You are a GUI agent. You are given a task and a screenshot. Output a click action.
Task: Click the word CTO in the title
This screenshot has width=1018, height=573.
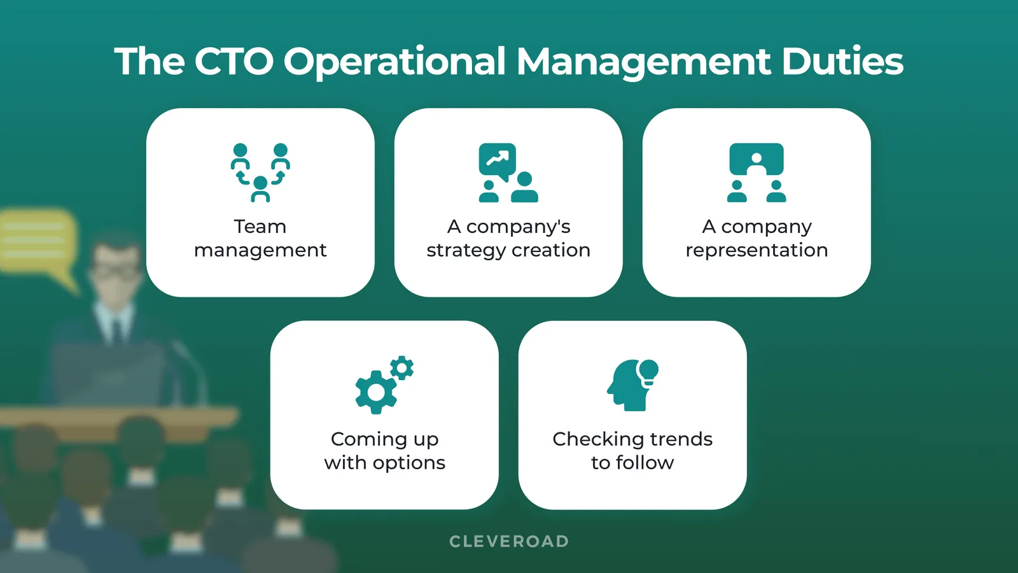tap(234, 62)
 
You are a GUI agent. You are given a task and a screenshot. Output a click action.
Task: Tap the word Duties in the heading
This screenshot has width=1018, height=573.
tap(842, 62)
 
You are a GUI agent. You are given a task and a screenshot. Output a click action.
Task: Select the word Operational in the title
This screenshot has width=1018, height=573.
tap(394, 62)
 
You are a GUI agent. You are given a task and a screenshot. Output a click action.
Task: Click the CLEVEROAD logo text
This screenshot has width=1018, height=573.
tap(509, 541)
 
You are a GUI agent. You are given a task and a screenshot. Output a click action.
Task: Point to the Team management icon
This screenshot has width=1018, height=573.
tap(260, 173)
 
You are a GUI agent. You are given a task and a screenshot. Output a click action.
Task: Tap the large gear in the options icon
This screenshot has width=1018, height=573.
tap(376, 392)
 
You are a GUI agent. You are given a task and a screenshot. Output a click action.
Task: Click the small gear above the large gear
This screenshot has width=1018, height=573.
tap(402, 368)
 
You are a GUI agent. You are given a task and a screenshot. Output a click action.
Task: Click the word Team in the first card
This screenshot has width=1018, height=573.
tap(260, 227)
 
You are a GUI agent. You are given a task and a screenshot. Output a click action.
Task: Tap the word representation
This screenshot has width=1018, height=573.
tap(757, 250)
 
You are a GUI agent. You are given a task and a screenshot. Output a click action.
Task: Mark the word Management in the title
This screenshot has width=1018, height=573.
tap(643, 62)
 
